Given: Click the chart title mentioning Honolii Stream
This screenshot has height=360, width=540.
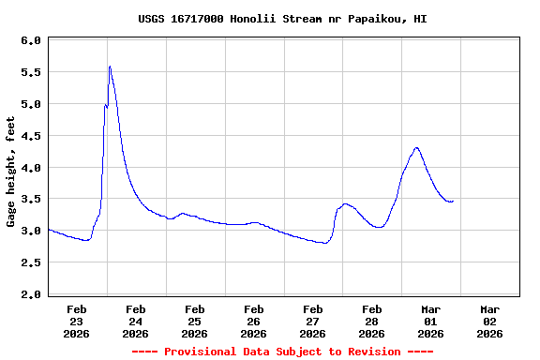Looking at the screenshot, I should click(271, 19).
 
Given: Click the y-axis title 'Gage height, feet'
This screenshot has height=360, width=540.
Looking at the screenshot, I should click(11, 172).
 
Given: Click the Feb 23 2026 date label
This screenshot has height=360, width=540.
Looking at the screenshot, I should click(77, 321).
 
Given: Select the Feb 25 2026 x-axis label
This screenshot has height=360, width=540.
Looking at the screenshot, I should click(195, 321).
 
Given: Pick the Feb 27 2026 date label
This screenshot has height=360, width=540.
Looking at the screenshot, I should click(313, 321).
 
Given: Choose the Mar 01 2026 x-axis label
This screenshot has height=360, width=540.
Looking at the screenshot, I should click(430, 321).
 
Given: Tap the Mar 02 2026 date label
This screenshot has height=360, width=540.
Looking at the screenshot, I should click(489, 321).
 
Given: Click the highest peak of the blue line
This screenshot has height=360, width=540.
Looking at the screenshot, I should click(110, 67).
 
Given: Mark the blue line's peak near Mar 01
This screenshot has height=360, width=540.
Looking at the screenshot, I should click(416, 147).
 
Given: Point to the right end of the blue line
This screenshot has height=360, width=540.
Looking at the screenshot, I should click(453, 201).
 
